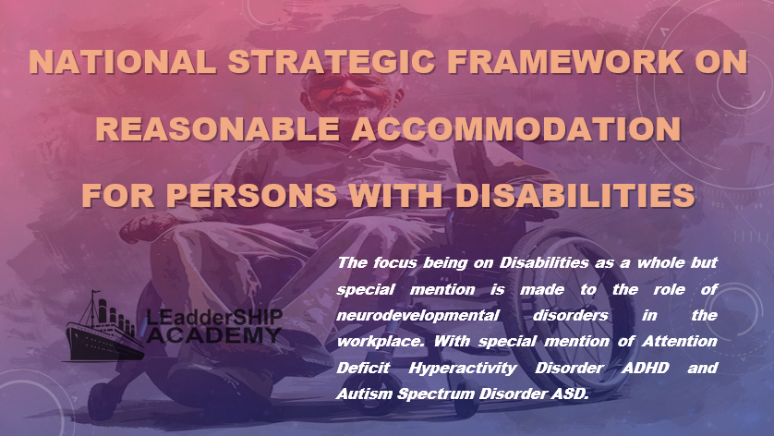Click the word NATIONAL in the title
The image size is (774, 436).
click(123, 62)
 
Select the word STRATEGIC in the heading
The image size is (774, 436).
click(332, 62)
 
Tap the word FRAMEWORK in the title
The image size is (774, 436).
click(565, 62)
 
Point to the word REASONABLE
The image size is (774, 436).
click(217, 129)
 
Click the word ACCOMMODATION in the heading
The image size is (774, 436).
click(515, 129)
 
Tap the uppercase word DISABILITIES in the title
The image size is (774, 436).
click(574, 195)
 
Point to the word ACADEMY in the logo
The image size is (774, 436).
click(213, 335)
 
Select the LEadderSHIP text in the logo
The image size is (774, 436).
click(214, 318)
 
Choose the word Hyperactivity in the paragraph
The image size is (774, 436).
click(463, 369)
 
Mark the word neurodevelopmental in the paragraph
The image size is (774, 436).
click(417, 316)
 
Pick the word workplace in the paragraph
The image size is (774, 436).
click(381, 342)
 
